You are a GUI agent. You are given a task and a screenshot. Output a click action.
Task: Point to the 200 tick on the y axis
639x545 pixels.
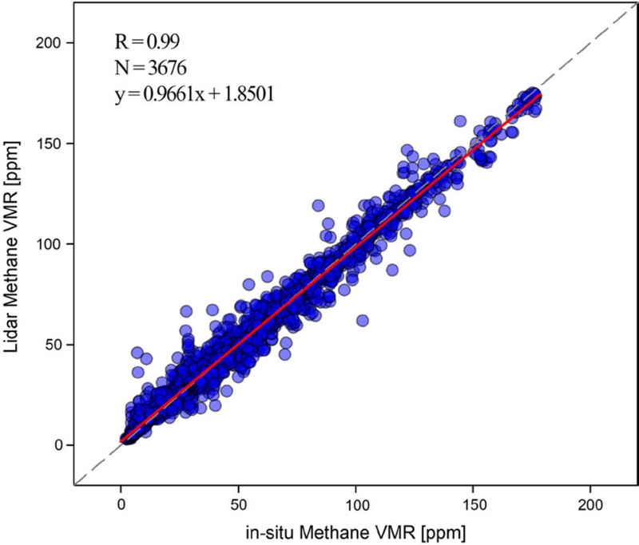pos(61,42)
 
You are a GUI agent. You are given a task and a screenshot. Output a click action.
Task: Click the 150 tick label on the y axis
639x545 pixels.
pos(61,143)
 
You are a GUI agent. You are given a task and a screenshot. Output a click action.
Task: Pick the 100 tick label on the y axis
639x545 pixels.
pos(61,243)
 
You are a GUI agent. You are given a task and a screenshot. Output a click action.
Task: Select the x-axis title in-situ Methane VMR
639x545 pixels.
pos(355,529)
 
